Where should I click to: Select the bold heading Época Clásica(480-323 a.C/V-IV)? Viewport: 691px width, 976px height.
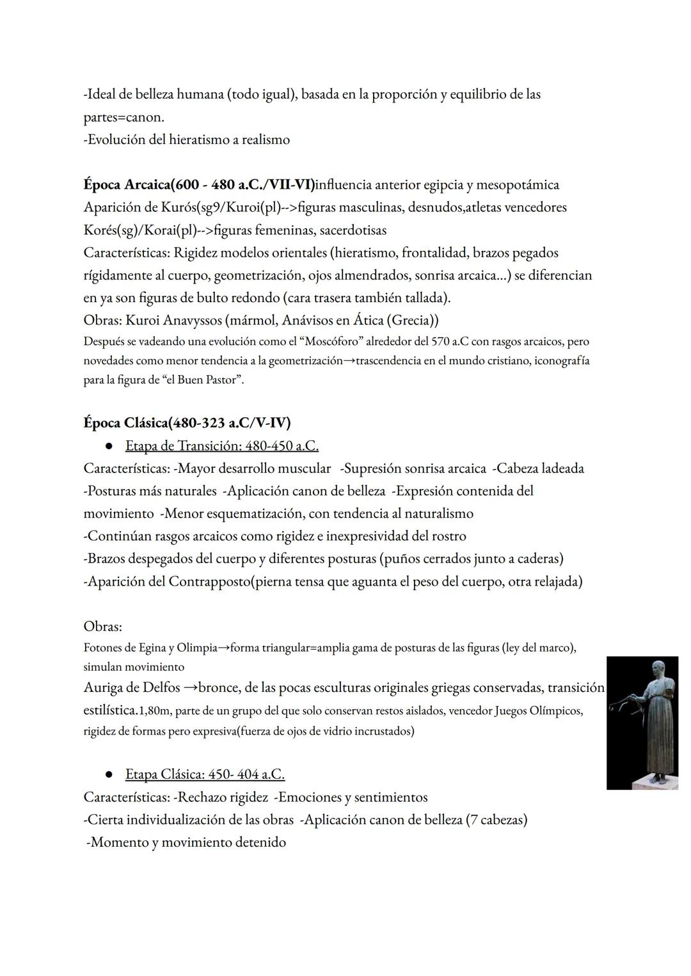click(x=187, y=423)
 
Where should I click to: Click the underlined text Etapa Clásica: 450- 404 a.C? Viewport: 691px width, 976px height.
click(x=205, y=774)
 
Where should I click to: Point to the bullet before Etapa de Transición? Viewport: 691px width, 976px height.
click(x=109, y=446)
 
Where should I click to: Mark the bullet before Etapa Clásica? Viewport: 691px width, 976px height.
click(x=109, y=775)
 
